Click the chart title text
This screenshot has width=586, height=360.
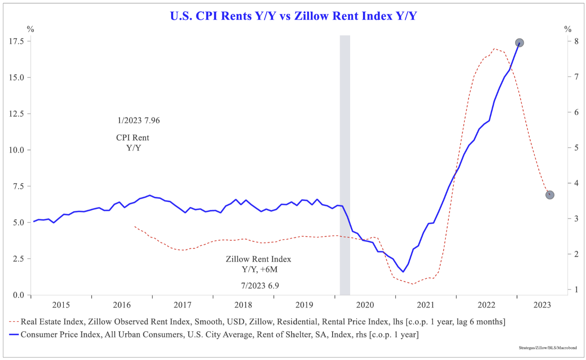(x=293, y=16)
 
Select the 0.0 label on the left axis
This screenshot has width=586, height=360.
(x=18, y=295)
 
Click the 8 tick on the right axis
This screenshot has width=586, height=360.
(x=576, y=41)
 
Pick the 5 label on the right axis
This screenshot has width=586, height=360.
(x=576, y=148)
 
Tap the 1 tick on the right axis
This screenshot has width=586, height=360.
(x=576, y=290)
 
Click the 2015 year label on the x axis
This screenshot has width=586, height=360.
(x=61, y=305)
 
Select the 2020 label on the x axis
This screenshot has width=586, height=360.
(x=365, y=305)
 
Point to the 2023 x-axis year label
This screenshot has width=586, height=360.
(x=542, y=305)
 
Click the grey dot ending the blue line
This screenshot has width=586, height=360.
(x=519, y=43)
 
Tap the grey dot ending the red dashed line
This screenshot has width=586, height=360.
(x=550, y=195)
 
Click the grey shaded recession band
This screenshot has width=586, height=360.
(x=345, y=164)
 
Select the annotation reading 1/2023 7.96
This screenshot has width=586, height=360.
(x=138, y=120)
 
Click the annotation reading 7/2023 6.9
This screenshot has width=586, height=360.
(x=260, y=286)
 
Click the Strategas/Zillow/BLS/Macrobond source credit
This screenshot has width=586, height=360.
(x=548, y=348)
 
